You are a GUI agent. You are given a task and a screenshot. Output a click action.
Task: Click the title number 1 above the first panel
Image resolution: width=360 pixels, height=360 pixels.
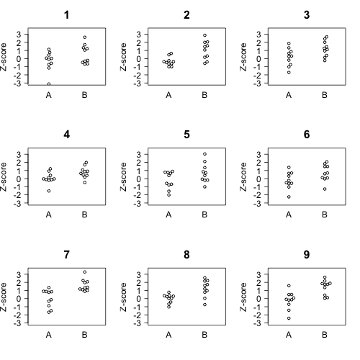tap(67, 15)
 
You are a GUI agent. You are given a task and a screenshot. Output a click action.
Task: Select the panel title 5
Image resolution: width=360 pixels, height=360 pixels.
tap(186, 135)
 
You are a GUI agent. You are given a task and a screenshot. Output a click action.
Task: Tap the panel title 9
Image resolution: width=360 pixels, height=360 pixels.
tap(307, 255)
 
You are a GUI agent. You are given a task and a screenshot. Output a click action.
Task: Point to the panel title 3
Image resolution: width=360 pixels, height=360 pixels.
tap(307, 15)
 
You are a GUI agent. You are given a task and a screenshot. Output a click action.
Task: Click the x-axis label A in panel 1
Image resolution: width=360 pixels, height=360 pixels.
tap(49, 94)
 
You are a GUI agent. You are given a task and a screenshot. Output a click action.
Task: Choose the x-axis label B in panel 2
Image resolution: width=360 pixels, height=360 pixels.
tap(204, 94)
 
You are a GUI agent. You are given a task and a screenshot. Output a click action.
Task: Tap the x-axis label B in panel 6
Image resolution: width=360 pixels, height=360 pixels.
tap(325, 215)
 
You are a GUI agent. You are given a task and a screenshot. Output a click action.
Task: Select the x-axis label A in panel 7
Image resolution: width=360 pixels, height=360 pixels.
tap(49, 334)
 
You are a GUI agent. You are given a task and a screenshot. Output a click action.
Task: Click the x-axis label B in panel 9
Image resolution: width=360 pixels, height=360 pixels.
tap(325, 334)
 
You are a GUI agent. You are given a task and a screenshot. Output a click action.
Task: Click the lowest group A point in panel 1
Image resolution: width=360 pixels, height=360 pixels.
tap(49, 84)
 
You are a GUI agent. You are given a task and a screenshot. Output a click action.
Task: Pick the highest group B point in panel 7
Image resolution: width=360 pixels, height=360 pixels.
tap(85, 272)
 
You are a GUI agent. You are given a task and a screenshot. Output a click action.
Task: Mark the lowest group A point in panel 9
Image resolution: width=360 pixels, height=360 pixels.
tap(289, 318)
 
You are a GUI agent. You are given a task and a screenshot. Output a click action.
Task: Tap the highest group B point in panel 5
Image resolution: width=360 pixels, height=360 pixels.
tap(204, 154)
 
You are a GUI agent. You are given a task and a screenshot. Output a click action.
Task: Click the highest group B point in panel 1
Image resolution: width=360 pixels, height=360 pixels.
tap(85, 37)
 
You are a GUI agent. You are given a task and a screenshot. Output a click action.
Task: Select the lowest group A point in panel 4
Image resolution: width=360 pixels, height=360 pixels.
tap(49, 191)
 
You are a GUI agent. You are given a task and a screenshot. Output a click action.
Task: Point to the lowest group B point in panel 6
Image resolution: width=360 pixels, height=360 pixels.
tap(325, 189)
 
